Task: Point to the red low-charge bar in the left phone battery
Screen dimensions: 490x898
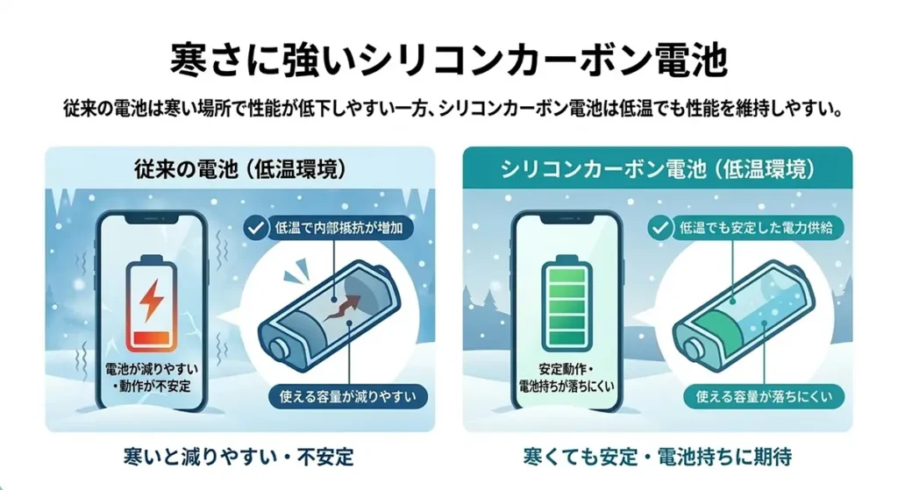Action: (152, 338)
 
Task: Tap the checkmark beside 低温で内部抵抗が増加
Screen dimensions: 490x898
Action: (254, 229)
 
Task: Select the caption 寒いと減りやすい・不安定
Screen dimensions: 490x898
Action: (239, 457)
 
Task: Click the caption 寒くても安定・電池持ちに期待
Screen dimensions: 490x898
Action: (657, 457)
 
